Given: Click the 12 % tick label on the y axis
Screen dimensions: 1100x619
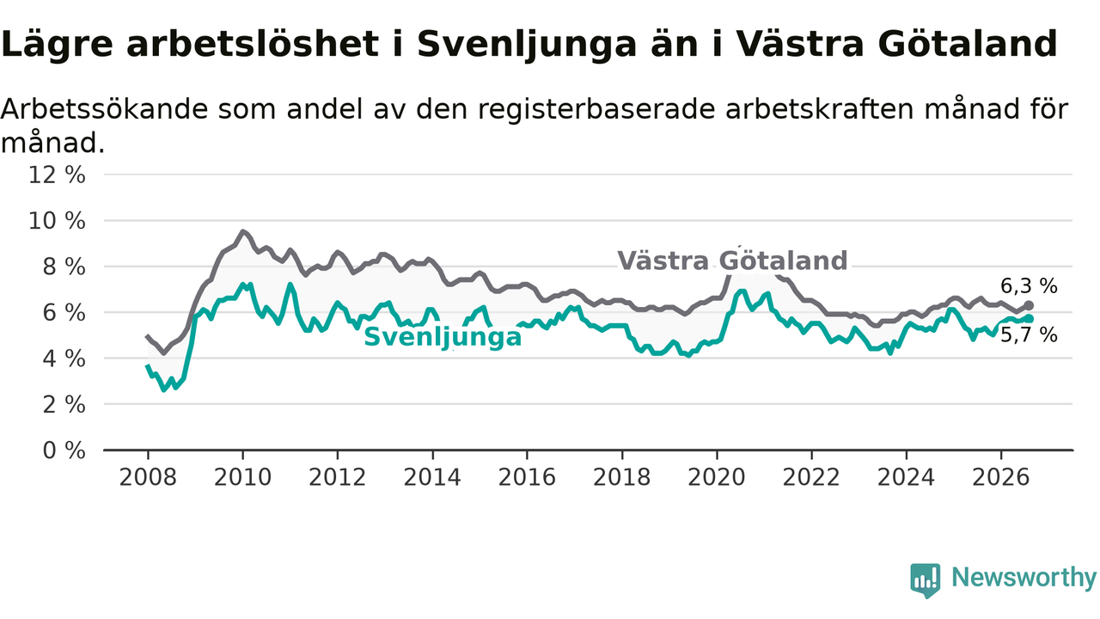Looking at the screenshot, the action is pyautogui.click(x=57, y=175).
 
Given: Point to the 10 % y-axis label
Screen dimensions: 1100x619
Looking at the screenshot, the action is pyautogui.click(x=57, y=221).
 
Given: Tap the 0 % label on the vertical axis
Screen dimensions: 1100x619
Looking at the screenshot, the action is pyautogui.click(x=64, y=450).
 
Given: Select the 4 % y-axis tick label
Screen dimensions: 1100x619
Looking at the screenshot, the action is pyautogui.click(x=64, y=359).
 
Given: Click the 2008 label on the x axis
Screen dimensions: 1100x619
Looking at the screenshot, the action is pyautogui.click(x=148, y=477).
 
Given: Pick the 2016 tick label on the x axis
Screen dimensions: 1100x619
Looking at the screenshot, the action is pyautogui.click(x=527, y=477).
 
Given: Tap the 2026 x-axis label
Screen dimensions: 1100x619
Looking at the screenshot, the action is pyautogui.click(x=1001, y=477).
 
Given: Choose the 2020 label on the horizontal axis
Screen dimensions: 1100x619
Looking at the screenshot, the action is pyautogui.click(x=717, y=477).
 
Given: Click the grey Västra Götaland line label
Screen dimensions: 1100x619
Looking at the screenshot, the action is pyautogui.click(x=732, y=260).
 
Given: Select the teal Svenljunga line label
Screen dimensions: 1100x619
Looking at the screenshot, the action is pyautogui.click(x=443, y=338).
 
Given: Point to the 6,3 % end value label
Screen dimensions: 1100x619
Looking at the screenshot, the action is pyautogui.click(x=1029, y=286).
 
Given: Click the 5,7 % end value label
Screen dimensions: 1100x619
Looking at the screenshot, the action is pyautogui.click(x=1029, y=335).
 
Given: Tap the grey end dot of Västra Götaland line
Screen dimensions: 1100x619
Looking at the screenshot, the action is pyautogui.click(x=1029, y=305).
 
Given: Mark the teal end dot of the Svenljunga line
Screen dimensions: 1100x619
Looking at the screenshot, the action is pyautogui.click(x=1029, y=319).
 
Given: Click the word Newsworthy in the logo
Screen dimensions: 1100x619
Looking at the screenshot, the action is pyautogui.click(x=1024, y=577).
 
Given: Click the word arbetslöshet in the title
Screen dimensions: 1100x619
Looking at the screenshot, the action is pyautogui.click(x=253, y=44).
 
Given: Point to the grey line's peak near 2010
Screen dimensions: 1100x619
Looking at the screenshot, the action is pyautogui.click(x=242, y=231).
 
